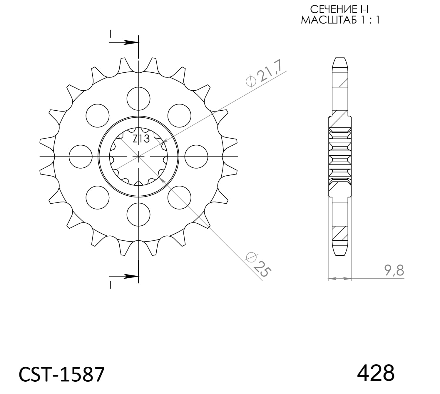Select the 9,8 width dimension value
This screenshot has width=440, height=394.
pos(394,270)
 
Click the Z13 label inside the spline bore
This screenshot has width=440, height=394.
pos(141,139)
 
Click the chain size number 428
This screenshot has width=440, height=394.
pos(376,373)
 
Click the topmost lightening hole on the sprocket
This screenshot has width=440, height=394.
pos(138,99)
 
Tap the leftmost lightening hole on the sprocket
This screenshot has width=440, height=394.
pos(81,157)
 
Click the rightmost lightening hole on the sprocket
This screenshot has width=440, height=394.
pos(196,157)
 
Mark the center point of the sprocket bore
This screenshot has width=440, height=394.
pos(138,157)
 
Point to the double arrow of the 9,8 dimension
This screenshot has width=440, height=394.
pos(340,278)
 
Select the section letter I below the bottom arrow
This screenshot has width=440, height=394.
pos(110,285)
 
